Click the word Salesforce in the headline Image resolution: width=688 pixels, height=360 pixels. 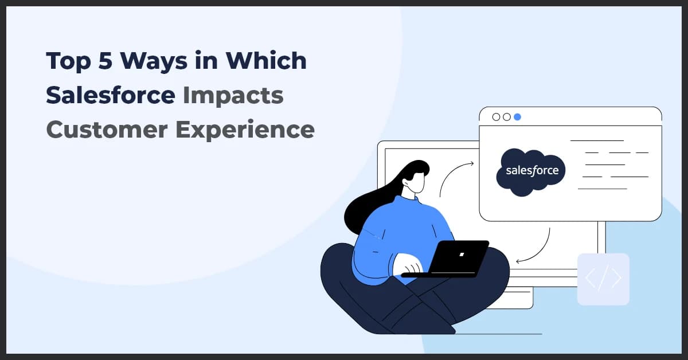[x=110, y=95]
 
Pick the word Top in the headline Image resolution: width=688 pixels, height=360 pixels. [x=68, y=61]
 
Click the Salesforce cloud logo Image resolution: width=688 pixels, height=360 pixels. [x=531, y=170]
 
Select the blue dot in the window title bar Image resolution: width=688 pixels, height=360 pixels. [x=517, y=117]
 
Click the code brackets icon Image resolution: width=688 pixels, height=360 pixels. [x=603, y=279]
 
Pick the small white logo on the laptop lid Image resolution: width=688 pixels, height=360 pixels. [x=462, y=254]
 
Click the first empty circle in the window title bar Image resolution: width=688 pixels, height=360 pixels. [x=497, y=117]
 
